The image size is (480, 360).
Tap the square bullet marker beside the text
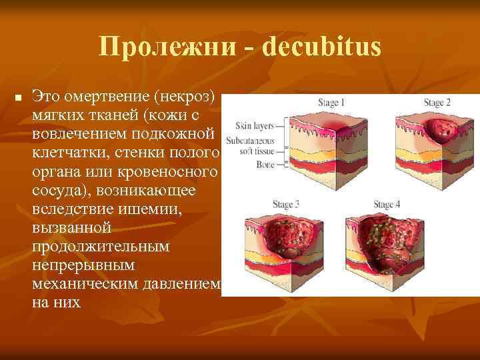coord(19,99)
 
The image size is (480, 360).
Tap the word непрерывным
coord(82,265)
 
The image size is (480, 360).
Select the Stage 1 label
coord(330,103)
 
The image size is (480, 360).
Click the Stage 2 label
coord(437,103)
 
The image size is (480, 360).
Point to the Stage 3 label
coord(286,203)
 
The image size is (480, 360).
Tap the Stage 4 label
coord(387,204)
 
